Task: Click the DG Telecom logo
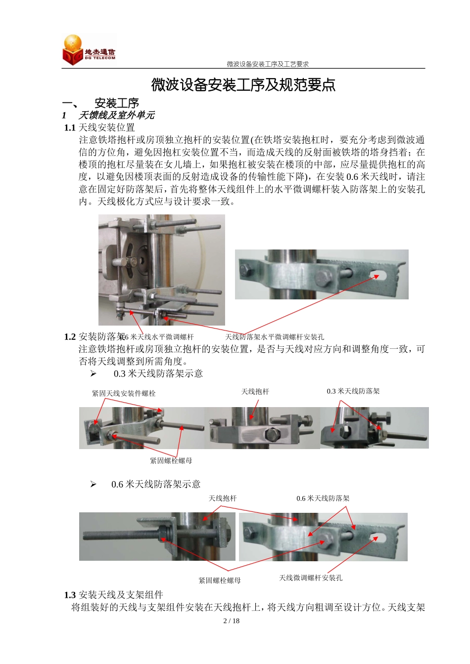[89, 50]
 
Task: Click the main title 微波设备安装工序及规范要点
[243, 85]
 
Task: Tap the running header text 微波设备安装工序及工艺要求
[268, 64]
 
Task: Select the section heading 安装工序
[117, 103]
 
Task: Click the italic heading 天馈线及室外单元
[116, 115]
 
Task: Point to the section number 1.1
[70, 128]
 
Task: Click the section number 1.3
[70, 595]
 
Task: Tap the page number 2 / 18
[232, 621]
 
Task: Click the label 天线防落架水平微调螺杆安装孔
[275, 337]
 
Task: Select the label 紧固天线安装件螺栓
[124, 393]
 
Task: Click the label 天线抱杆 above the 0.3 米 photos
[255, 392]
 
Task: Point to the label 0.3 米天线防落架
[353, 391]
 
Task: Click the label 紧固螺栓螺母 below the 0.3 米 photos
[171, 460]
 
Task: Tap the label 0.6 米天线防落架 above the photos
[323, 498]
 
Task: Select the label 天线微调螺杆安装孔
[311, 578]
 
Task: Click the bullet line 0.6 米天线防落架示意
[156, 484]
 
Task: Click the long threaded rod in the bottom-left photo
[119, 535]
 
